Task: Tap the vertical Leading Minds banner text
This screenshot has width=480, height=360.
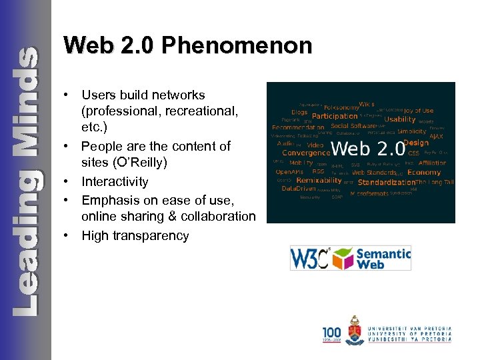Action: [x=25, y=180]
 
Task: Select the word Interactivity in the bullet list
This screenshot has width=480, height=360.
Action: [x=115, y=181]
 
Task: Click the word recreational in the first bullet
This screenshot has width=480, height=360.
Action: [x=174, y=112]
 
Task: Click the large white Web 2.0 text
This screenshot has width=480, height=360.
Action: [x=367, y=147]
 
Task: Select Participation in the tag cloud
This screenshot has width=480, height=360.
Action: [x=335, y=116]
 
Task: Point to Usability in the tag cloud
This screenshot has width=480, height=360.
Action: [x=400, y=120]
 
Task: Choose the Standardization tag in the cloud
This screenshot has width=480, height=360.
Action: [x=386, y=182]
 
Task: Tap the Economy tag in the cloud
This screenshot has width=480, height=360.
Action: [x=424, y=173]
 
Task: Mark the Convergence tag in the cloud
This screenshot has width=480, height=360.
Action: [x=301, y=152]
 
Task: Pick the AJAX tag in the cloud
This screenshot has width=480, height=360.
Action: [x=436, y=136]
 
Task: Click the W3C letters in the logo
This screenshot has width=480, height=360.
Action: [x=310, y=258]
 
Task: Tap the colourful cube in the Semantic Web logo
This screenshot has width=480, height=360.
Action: [x=343, y=257]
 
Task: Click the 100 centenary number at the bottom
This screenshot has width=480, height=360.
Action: [x=332, y=332]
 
